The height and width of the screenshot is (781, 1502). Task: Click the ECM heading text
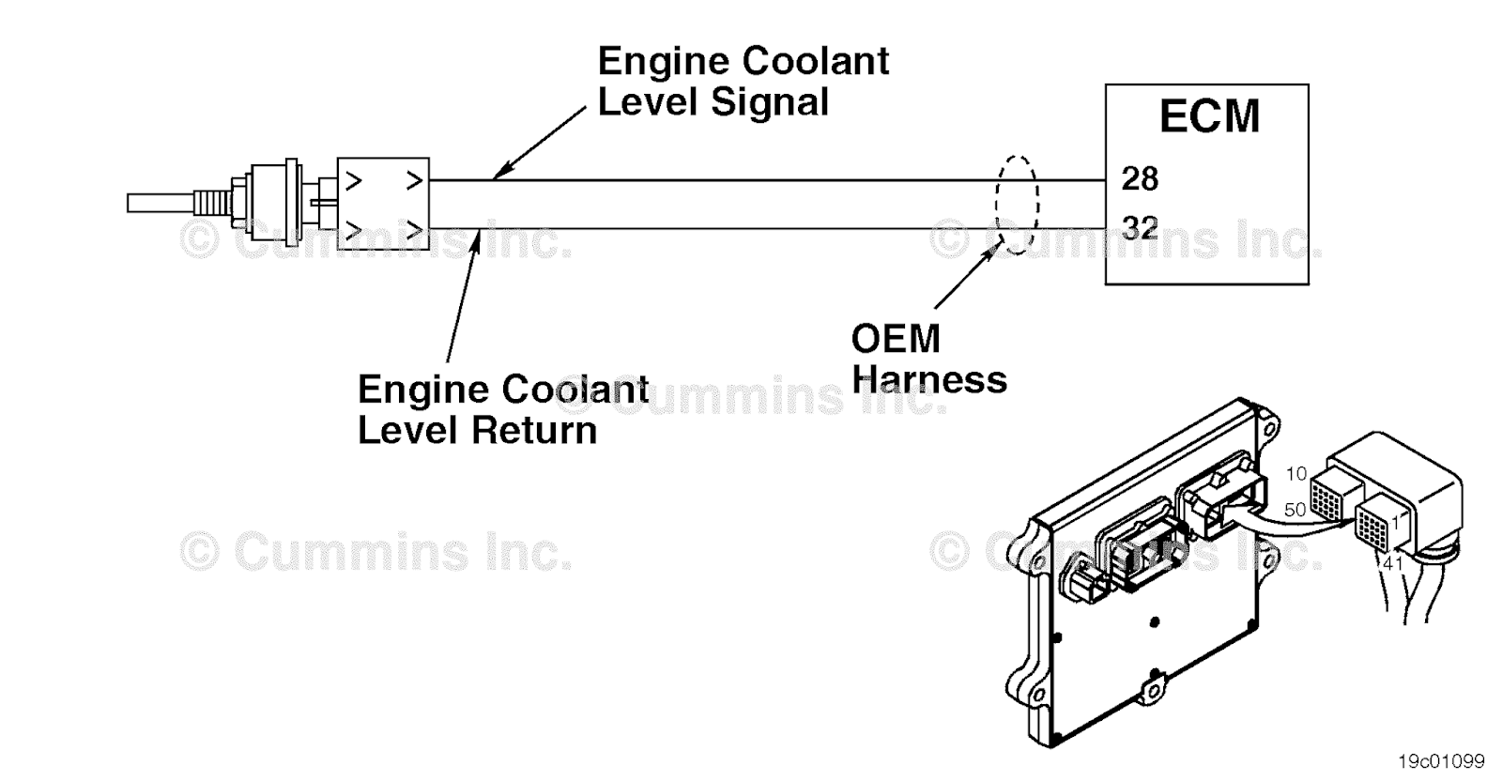(x=1208, y=117)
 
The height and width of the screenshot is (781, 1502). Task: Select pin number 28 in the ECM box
(x=1140, y=178)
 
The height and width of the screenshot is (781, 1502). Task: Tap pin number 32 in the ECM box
(x=1140, y=227)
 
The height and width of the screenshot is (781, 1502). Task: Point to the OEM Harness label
(x=927, y=359)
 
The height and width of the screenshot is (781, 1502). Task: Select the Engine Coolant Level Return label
(x=502, y=409)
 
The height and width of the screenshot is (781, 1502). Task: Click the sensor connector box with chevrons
(x=383, y=203)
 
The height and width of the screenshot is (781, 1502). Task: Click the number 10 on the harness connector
(x=1296, y=474)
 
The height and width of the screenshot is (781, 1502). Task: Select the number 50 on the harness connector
(x=1295, y=510)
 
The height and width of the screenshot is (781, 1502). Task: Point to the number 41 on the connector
(x=1392, y=563)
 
